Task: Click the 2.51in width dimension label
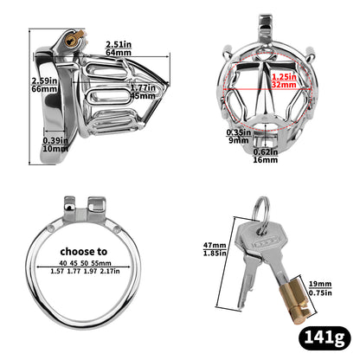coord(119,45)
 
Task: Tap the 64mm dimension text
coord(119,54)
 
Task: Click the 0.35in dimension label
coord(237,133)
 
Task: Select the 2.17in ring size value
coord(127,273)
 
